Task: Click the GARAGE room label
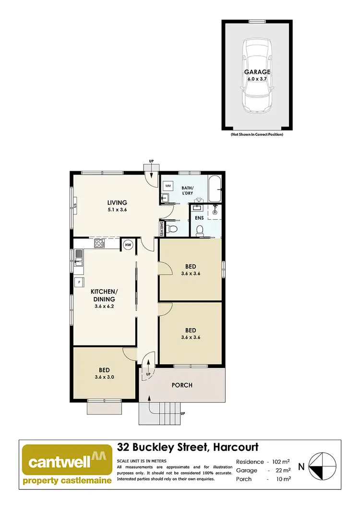pos(257,72)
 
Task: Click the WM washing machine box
pos(168,185)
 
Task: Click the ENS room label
pos(199,218)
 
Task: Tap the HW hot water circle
pos(128,245)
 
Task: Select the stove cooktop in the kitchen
pos(99,243)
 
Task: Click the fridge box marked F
pos(77,282)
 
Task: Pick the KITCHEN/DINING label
pos(104,295)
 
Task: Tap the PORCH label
pos(182,385)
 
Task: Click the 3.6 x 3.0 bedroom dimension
pos(105,377)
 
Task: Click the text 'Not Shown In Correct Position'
pos(257,135)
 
